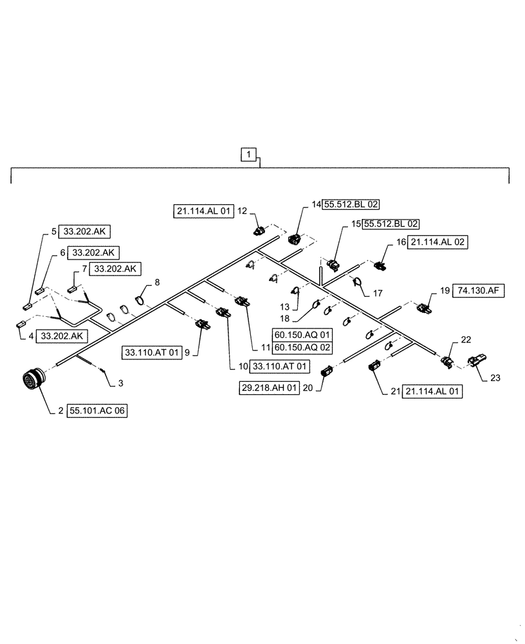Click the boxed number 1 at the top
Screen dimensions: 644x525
pos(250,154)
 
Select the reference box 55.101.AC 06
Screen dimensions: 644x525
pos(96,409)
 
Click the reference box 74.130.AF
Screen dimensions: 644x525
pos(479,290)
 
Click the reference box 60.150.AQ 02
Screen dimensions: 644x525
pos(302,348)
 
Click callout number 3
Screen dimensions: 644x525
pos(121,384)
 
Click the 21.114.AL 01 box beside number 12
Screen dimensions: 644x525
pos(201,210)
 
